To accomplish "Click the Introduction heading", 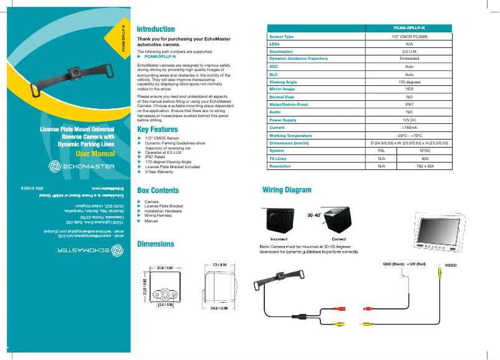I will pos(155,29).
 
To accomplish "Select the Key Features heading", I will pos(157,130).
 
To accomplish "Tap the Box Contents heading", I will pos(158,191).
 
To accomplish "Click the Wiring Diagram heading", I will pos(287,189).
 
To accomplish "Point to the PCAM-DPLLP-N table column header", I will pos(409,29).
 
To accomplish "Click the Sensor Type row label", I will pos(281,37).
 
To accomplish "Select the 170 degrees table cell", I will pos(409,82).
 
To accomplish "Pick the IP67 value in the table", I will pos(409,105).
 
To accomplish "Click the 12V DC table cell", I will pos(409,120).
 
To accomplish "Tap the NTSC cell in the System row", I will pos(425,151).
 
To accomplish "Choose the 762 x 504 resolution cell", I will pos(425,166).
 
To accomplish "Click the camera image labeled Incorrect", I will pos(277,221).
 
